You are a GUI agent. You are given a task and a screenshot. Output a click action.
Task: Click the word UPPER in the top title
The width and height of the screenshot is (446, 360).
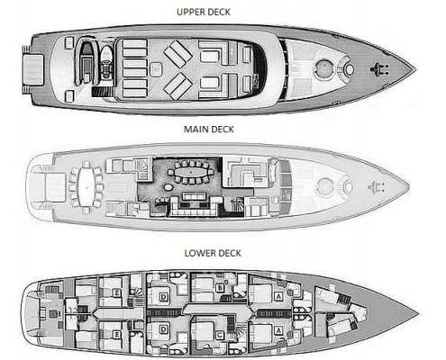(187, 12)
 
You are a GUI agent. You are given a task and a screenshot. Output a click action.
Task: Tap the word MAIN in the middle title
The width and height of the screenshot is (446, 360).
(195, 130)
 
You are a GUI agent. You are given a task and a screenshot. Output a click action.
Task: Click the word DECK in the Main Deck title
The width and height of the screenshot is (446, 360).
(221, 130)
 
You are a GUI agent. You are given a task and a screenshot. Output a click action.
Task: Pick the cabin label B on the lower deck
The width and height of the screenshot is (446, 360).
(220, 288)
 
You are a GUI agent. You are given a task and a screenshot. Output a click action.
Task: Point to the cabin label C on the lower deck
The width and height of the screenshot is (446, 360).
(220, 335)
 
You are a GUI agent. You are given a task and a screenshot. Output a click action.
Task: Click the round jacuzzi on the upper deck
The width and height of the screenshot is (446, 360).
(323, 68)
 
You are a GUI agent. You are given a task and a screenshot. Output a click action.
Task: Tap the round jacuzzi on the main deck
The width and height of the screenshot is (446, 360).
(324, 186)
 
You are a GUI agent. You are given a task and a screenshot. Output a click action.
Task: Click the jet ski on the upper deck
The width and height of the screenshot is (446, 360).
(105, 62)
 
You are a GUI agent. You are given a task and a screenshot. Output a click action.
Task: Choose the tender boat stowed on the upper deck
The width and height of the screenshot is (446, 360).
(86, 62)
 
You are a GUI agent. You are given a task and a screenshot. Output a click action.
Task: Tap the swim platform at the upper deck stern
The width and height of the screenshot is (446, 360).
(33, 69)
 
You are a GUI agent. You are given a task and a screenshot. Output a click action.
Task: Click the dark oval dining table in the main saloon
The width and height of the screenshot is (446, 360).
(190, 173)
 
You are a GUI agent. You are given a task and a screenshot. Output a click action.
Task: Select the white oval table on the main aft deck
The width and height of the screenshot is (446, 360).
(86, 187)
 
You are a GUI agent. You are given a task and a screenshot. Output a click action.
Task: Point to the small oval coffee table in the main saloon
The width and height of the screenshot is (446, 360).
(168, 187)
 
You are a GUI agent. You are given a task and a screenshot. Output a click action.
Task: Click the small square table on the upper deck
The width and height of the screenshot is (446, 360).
(156, 69)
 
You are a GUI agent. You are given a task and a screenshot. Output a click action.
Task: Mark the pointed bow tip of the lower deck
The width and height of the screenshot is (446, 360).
(418, 314)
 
